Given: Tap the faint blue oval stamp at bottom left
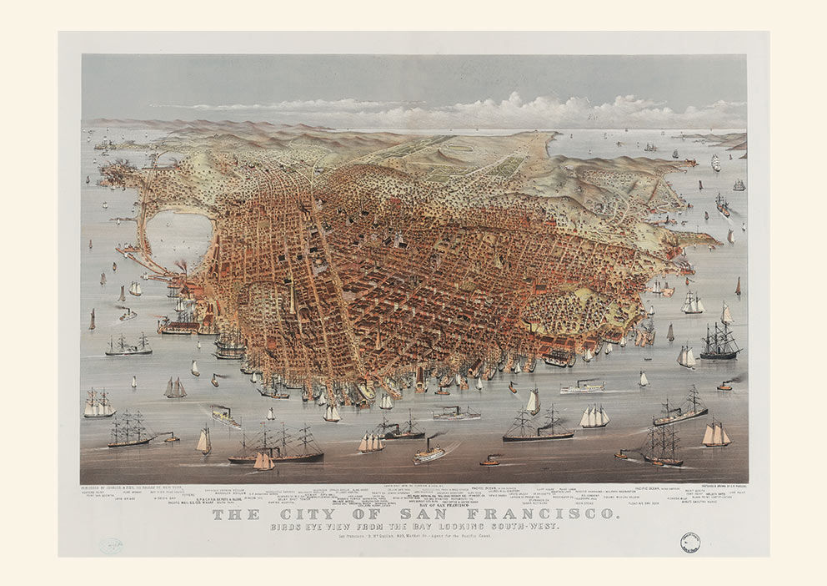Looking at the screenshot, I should coord(111,545).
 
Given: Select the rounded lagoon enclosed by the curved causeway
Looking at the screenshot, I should coord(178,239).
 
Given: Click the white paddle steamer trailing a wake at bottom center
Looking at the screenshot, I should coord(429,453).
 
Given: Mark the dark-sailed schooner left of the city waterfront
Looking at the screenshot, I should coord(174,387).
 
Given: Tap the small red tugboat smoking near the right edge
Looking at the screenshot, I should coord(724,386).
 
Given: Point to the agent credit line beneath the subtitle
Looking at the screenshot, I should coord(413,538).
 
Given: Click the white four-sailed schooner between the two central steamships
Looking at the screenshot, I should coord(594,416).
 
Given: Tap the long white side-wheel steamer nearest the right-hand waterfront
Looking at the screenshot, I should coord(582,387).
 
